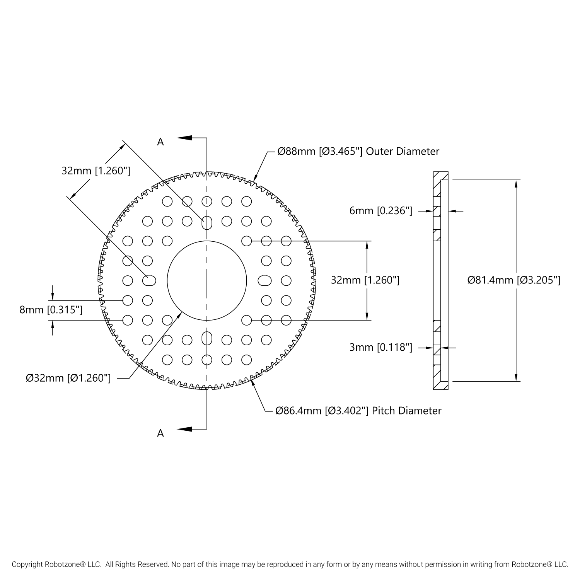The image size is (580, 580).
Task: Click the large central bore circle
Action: click(207, 280)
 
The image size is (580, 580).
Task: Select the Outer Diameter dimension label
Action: click(358, 151)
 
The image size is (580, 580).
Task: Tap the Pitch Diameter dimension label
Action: click(358, 411)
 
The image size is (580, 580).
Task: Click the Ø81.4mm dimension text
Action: click(513, 280)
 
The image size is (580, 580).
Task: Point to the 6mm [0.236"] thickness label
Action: click(381, 211)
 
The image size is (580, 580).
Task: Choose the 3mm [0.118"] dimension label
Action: click(381, 348)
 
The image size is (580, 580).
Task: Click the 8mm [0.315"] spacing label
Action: click(51, 310)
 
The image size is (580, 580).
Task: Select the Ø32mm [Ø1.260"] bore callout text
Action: click(68, 378)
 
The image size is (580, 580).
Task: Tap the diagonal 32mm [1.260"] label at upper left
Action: click(96, 171)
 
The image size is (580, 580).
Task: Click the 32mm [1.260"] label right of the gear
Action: click(365, 280)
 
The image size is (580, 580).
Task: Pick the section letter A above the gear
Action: click(160, 142)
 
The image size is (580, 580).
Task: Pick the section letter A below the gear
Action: click(160, 433)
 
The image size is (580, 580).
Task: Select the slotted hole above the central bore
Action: click(207, 222)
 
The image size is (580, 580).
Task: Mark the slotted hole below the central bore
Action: click(207, 338)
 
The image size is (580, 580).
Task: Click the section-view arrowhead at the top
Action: click(185, 138)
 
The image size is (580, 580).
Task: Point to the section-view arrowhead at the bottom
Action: click(185, 429)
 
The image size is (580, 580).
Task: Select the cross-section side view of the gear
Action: click(441, 280)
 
